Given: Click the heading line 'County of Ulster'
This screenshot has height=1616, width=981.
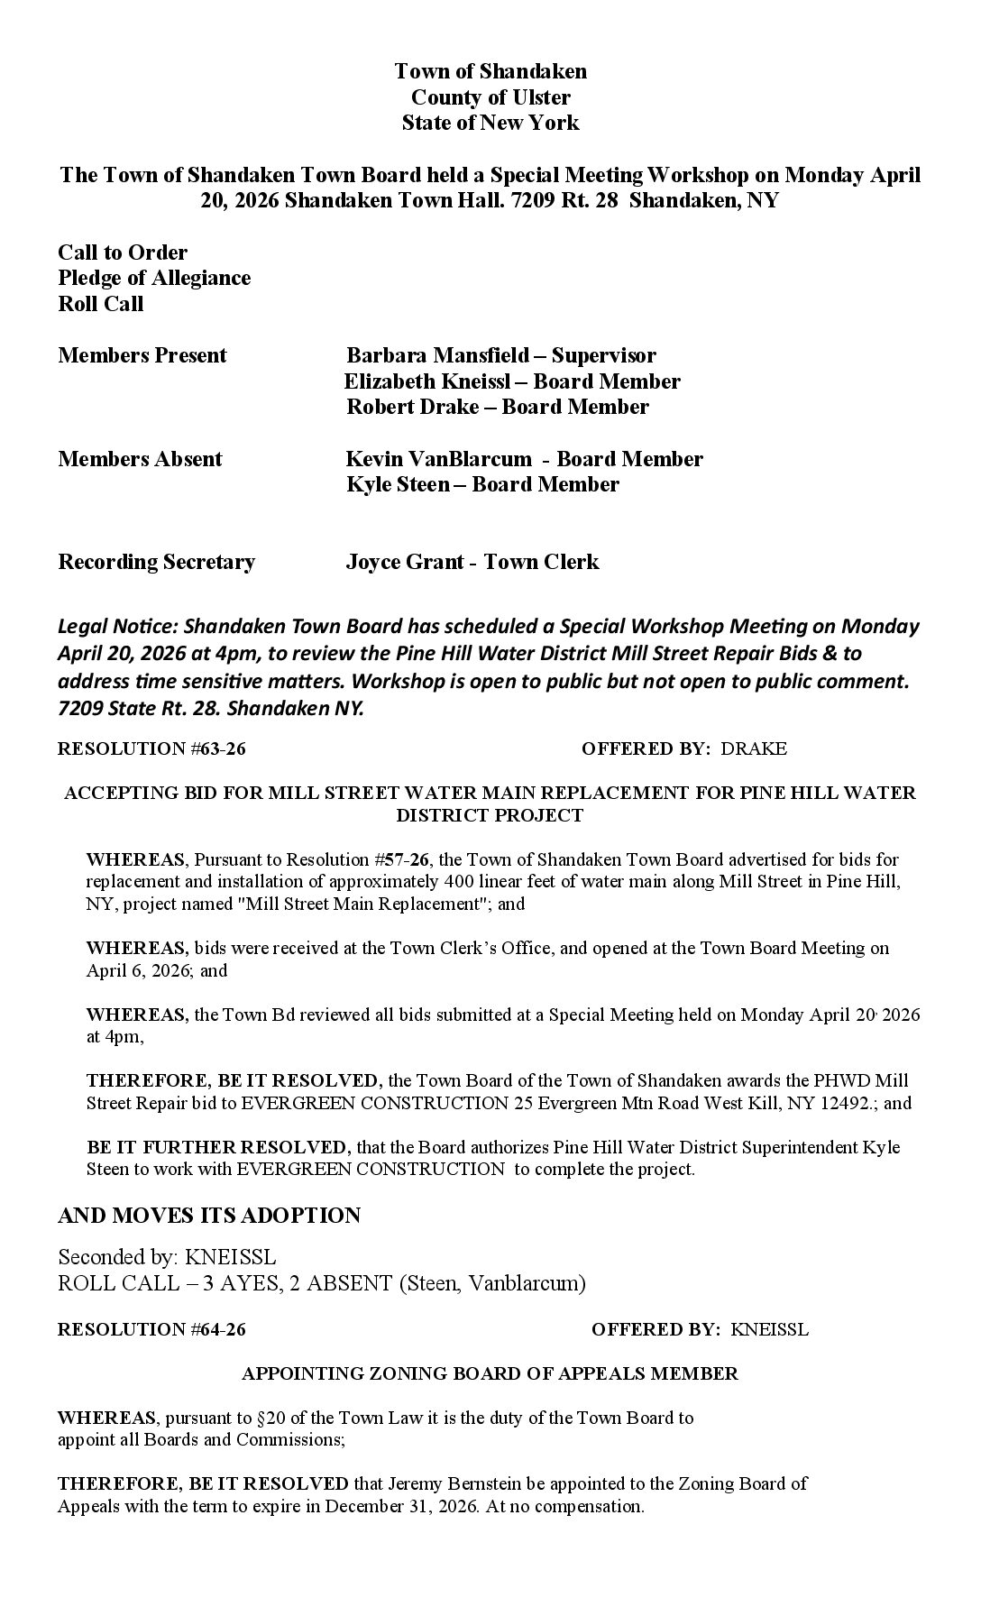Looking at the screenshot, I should pyautogui.click(x=490, y=97).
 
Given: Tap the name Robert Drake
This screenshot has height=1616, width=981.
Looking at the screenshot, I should pyautogui.click(x=413, y=407).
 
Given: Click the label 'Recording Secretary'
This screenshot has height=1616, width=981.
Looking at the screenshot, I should pyautogui.click(x=157, y=563).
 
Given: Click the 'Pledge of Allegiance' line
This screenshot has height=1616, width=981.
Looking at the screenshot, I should pyautogui.click(x=154, y=278).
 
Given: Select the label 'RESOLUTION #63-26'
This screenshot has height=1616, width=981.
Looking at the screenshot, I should pyautogui.click(x=151, y=748).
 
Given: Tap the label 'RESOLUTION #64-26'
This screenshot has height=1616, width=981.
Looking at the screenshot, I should pyautogui.click(x=151, y=1329).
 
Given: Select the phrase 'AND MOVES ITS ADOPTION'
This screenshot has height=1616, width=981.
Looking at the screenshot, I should pyautogui.click(x=209, y=1216).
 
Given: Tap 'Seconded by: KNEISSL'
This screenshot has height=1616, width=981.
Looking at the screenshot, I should pyautogui.click(x=168, y=1257).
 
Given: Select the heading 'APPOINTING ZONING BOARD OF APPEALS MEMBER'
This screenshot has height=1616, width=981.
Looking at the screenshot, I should pyautogui.click(x=490, y=1373).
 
